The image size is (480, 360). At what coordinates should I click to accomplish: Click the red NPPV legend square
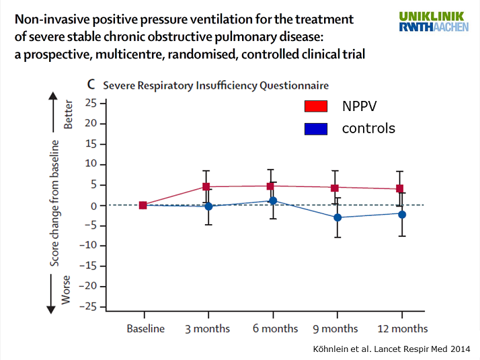click(315, 106)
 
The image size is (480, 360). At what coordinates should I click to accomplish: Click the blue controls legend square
click(315, 128)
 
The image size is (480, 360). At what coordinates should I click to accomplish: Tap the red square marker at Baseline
click(143, 205)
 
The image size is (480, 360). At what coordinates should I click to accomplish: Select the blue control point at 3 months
click(208, 206)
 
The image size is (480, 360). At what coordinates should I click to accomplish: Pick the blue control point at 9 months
click(337, 217)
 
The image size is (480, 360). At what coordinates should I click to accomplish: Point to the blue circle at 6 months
click(273, 201)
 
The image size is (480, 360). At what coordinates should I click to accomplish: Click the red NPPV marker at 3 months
click(208, 186)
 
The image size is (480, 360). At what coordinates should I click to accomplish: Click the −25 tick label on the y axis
click(89, 307)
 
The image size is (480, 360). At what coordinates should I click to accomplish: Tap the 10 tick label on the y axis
click(91, 164)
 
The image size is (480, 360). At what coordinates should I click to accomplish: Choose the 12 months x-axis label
click(402, 328)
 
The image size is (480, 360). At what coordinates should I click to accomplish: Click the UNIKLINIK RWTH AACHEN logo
click(434, 22)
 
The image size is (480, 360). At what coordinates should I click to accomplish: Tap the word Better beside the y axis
click(67, 115)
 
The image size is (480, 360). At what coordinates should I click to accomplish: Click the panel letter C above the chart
click(93, 85)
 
